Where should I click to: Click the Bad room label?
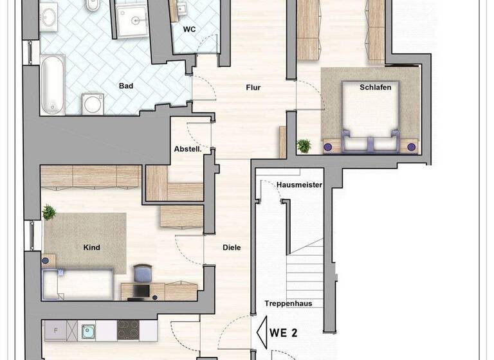point(125,85)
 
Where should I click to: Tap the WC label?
point(189,30)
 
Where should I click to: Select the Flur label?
point(253,87)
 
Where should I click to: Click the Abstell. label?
point(188,149)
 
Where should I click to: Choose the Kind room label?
point(92,247)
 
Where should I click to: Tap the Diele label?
point(232,247)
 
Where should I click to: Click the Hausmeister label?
point(299,185)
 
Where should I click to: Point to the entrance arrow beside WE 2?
point(262,332)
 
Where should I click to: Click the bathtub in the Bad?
point(52,84)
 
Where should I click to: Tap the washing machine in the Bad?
point(93,103)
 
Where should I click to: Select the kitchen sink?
point(87,331)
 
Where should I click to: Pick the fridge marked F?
point(56,331)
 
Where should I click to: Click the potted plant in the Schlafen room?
point(304,146)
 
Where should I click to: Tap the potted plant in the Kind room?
point(49,212)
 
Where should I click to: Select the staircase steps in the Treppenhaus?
point(304,270)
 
